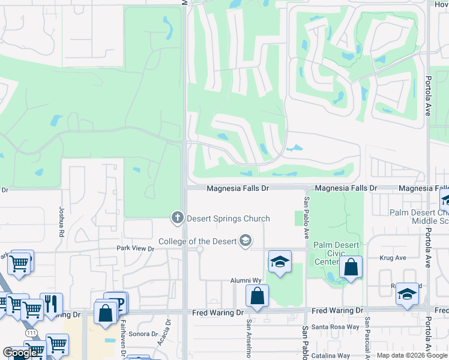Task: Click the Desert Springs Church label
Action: pos(228,218)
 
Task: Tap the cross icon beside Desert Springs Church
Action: pos(177,217)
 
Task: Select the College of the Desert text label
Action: pos(197,242)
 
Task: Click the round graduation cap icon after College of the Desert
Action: pos(245,241)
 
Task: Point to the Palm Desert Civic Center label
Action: pos(336,253)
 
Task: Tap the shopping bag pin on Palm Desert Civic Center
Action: pos(351,267)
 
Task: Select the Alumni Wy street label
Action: pos(247,280)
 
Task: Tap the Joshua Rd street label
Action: pos(61,217)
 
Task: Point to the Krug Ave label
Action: pos(393,258)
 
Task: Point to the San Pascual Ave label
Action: pos(367,339)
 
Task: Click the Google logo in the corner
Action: pos(20,352)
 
